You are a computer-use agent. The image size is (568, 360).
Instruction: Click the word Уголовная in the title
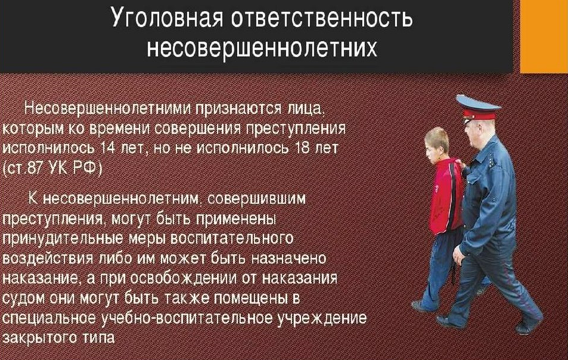coord(167,17)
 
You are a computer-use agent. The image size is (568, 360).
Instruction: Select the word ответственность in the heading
coord(322,18)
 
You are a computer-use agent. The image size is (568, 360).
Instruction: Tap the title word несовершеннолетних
coord(262,48)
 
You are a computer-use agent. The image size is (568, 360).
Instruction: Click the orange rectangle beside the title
coord(544,36)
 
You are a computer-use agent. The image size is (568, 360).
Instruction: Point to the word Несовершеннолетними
coord(107,108)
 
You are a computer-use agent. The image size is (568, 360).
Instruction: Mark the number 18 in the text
coord(303,148)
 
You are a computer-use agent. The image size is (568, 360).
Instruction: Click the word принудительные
coord(62,239)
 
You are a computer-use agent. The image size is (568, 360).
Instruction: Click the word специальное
coord(49,318)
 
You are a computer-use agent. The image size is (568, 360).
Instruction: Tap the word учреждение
coord(322,318)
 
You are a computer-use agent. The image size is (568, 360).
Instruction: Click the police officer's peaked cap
coord(477,107)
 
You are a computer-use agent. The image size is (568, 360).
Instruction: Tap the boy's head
coord(437,144)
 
